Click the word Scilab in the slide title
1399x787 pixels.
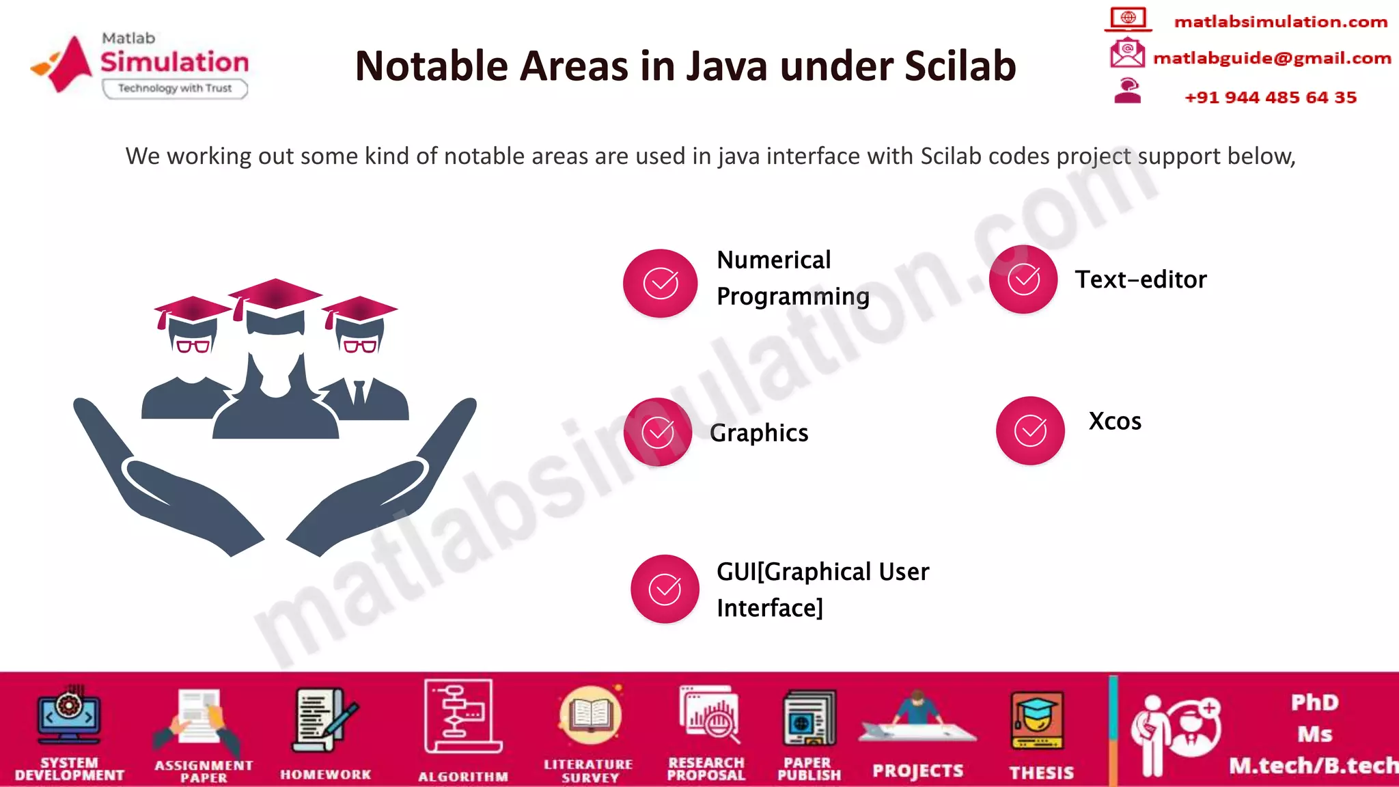960,66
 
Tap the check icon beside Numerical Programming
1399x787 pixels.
661,283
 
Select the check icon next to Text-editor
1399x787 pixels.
1023,279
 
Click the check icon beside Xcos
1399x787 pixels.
1030,430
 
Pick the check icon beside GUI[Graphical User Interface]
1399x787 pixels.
665,589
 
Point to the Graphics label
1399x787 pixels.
759,433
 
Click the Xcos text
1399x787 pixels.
1115,422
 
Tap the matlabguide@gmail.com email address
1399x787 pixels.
1272,59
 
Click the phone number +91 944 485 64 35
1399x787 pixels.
1271,98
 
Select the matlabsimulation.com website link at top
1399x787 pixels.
1281,22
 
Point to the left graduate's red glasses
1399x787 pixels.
193,346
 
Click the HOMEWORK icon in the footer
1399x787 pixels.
324,721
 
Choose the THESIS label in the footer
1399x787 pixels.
1042,773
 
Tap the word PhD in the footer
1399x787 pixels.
1315,702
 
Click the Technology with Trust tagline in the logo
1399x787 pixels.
175,88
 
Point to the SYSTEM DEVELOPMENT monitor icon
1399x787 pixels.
69,716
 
